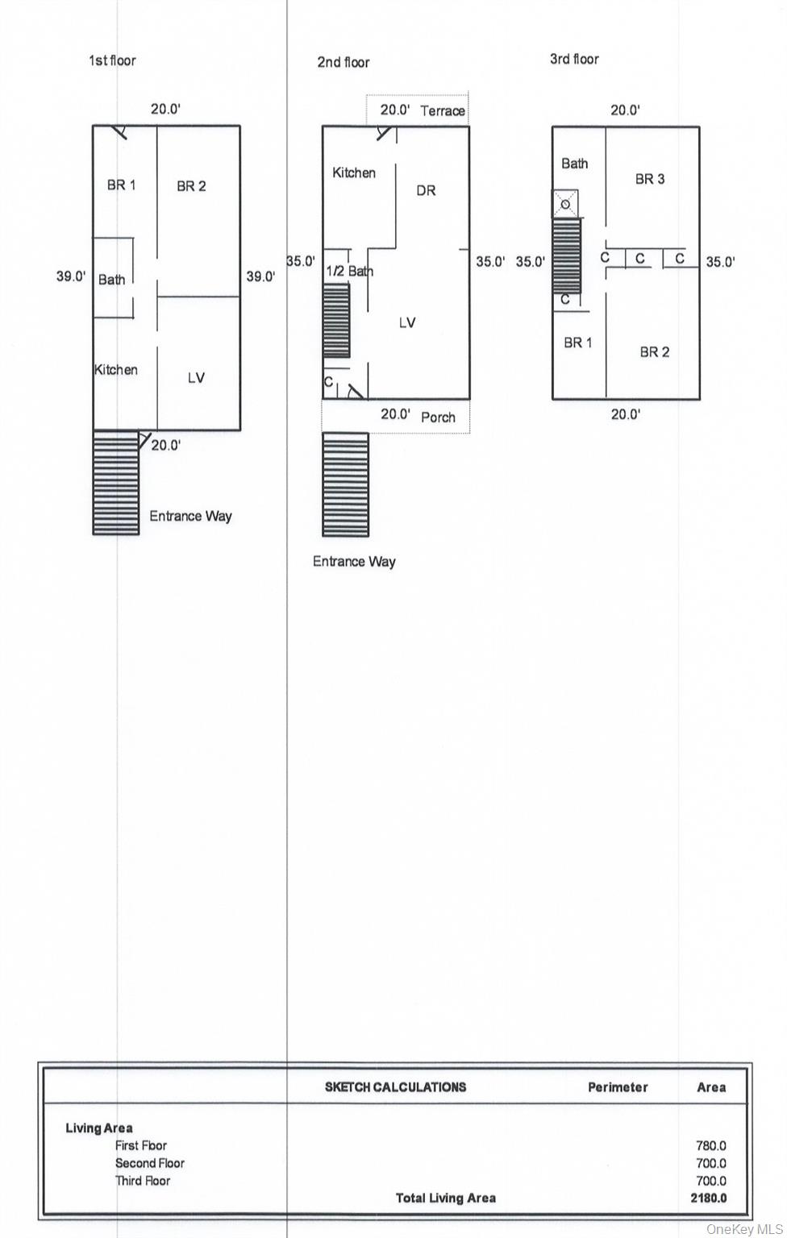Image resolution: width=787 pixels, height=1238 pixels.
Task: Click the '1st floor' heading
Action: (x=112, y=60)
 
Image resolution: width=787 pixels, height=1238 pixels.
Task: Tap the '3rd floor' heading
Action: (x=574, y=59)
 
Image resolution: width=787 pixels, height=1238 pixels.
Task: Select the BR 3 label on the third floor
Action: (x=650, y=179)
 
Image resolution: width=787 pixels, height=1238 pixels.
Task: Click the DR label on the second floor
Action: (x=426, y=191)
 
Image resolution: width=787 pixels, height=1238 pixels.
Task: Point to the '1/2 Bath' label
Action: (x=349, y=272)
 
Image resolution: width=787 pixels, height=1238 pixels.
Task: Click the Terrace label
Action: (x=443, y=111)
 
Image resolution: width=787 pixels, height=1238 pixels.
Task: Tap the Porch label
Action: (x=438, y=418)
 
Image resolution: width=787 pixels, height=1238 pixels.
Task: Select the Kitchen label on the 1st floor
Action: (x=116, y=370)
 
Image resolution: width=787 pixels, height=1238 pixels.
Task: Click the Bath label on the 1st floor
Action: (x=112, y=280)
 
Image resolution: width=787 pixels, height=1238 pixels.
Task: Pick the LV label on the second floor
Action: (x=407, y=322)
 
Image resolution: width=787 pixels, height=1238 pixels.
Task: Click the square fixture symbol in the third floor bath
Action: (x=565, y=204)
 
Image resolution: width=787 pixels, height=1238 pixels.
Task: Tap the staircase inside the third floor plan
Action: (x=567, y=255)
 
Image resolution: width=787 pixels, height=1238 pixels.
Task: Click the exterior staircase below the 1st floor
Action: (x=115, y=483)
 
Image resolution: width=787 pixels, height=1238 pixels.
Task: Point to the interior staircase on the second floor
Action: (x=336, y=321)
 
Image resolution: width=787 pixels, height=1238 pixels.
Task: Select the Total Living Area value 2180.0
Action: (x=709, y=1199)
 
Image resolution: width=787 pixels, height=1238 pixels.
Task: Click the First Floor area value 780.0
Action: (x=711, y=1145)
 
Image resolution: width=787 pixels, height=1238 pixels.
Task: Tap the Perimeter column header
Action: (x=618, y=1087)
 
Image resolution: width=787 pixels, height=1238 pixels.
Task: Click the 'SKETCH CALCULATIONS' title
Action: (x=395, y=1087)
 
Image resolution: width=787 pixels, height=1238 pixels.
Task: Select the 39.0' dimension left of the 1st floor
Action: (x=71, y=276)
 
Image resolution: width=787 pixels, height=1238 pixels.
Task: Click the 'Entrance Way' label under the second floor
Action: (x=354, y=562)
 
